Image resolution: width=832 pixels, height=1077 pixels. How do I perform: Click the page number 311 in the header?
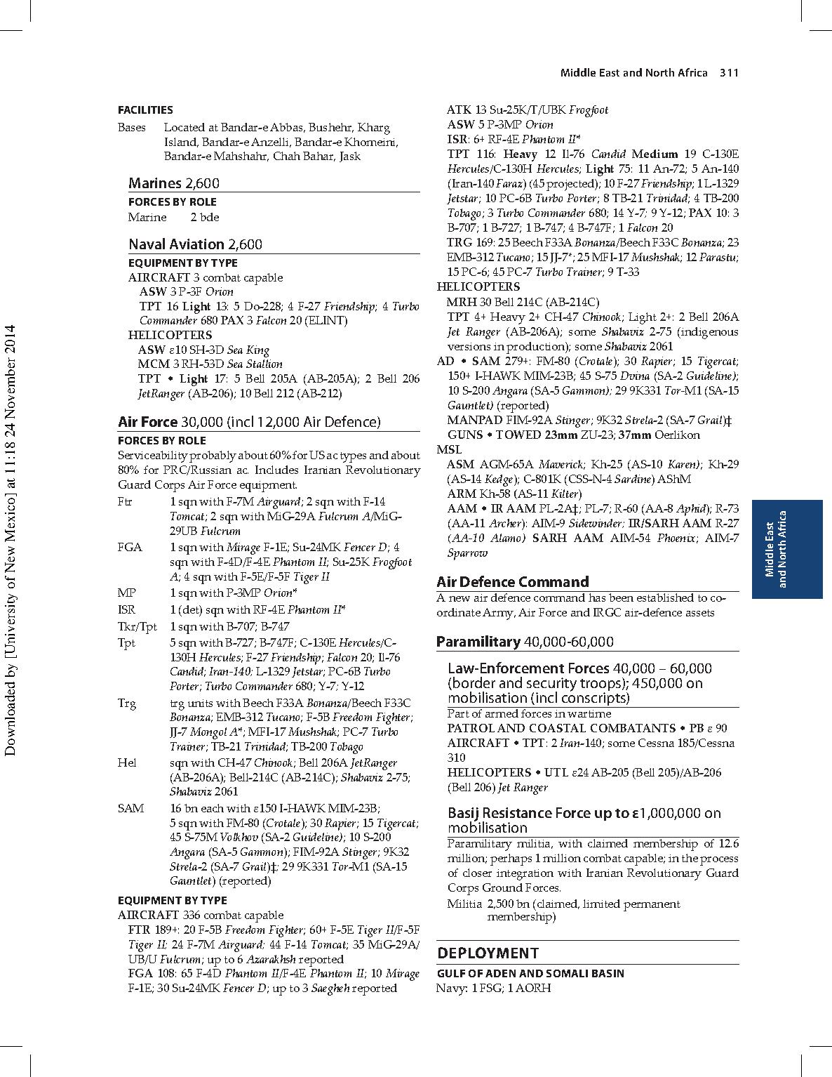(x=730, y=73)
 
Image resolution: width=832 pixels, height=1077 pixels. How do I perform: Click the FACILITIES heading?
(x=145, y=110)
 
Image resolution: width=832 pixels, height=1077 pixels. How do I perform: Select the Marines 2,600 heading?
(x=173, y=183)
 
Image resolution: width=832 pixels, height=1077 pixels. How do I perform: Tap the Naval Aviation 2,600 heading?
(x=195, y=244)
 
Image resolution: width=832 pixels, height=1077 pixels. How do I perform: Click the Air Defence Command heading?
(x=512, y=582)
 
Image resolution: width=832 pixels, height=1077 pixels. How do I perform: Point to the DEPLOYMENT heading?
(x=488, y=953)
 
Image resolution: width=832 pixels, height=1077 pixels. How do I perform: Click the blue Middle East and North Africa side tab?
(x=786, y=549)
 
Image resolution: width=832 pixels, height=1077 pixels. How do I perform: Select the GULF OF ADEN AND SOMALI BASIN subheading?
(x=530, y=973)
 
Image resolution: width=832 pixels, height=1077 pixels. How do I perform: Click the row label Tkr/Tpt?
(x=137, y=626)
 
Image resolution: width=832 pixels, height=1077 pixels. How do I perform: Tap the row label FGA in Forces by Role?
(x=130, y=547)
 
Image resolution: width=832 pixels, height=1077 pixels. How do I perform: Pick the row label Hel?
(x=127, y=762)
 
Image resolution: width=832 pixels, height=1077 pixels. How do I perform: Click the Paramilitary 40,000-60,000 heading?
(x=525, y=642)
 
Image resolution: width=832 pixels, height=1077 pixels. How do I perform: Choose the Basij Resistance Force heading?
(x=584, y=820)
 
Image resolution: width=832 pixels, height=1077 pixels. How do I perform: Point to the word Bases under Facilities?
(x=132, y=128)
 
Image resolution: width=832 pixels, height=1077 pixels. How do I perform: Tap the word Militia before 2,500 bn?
(x=464, y=904)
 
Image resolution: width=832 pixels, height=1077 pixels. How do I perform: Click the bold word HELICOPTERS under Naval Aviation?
(x=170, y=335)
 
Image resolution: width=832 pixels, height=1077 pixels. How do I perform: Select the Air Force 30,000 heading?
(x=249, y=422)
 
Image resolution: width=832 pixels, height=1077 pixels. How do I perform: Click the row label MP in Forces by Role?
(x=127, y=593)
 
